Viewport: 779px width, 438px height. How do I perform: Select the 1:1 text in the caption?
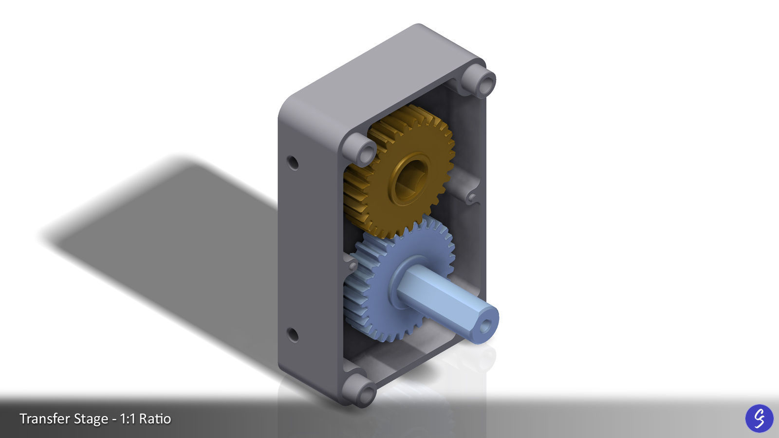(129, 419)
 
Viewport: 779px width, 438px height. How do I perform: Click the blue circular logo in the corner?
(759, 418)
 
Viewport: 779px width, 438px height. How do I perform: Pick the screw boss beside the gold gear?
(361, 149)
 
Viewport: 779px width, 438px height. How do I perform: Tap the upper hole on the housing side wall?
(293, 162)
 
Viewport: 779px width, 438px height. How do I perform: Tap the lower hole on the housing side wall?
(293, 335)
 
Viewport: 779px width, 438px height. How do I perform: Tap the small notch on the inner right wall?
(471, 197)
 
